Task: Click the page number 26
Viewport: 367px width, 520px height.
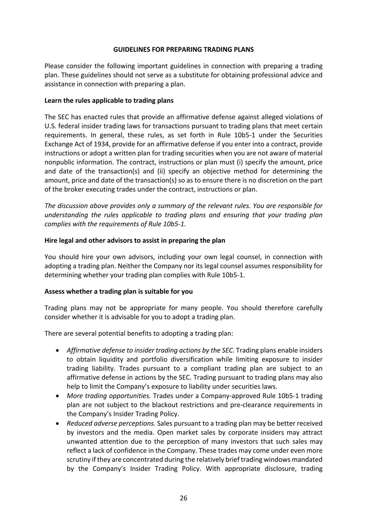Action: point(183,498)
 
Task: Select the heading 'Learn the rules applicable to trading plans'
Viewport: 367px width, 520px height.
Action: point(109,101)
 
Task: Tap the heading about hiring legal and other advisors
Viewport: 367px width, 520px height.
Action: point(135,240)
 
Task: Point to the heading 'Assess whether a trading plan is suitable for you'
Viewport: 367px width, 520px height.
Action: point(118,291)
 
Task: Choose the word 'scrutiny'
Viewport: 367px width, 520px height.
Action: point(78,460)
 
